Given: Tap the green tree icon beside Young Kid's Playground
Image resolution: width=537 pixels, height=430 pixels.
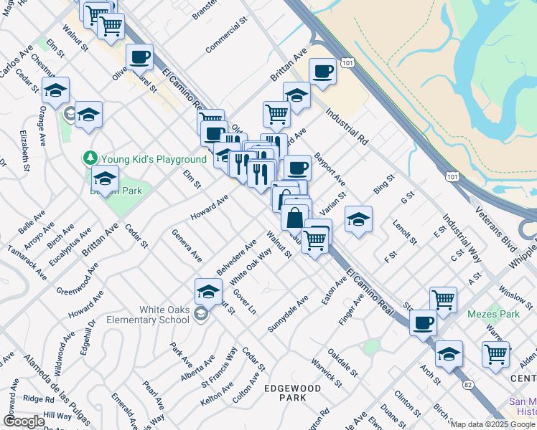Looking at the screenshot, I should coord(90,157).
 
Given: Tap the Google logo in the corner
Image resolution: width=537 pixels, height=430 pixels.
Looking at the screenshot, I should coord(24,421).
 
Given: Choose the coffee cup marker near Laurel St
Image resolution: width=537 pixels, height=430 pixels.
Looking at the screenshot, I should coord(140,56).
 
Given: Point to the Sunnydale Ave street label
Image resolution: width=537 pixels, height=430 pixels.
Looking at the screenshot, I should coord(288,313).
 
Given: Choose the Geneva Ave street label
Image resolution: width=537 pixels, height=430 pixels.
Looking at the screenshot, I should coord(186,246).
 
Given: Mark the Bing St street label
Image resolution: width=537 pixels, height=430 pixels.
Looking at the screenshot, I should coord(384,184).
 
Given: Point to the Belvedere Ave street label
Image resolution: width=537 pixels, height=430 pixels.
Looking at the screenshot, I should coord(237,258).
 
